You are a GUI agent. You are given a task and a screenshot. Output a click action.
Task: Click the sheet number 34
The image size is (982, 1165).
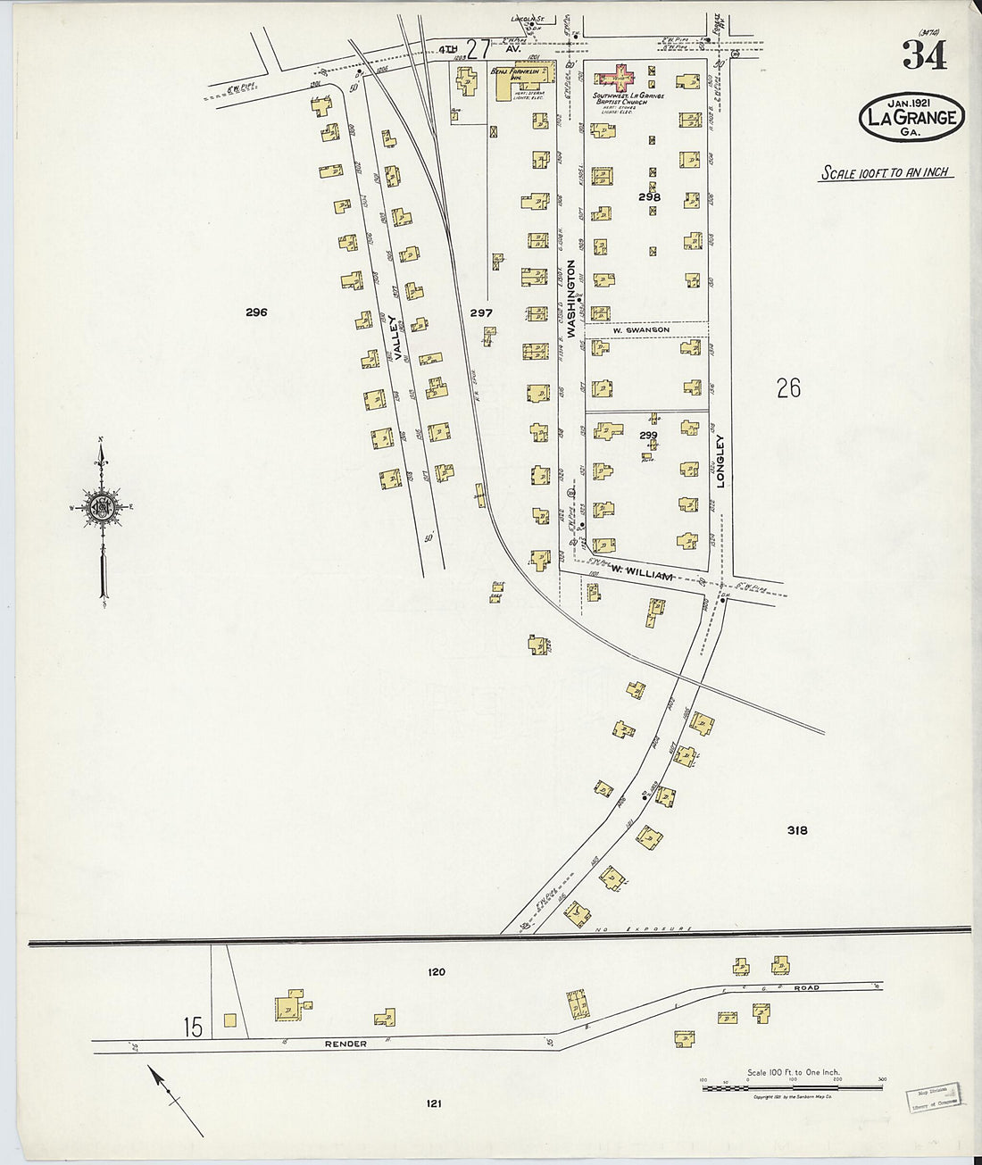pos(925,56)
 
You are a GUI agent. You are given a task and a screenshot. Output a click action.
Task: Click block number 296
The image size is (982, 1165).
pos(257,312)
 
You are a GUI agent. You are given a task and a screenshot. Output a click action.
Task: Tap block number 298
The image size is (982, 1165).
pos(649,196)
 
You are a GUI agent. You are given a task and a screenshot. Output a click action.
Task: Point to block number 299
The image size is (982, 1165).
pos(648,435)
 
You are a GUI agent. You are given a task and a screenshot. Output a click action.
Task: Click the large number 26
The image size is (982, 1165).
pos(788,388)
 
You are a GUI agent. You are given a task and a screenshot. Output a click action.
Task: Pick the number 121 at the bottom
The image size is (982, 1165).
pos(433,1103)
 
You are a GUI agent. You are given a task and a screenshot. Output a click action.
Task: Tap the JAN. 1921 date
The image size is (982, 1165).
pos(909,104)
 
